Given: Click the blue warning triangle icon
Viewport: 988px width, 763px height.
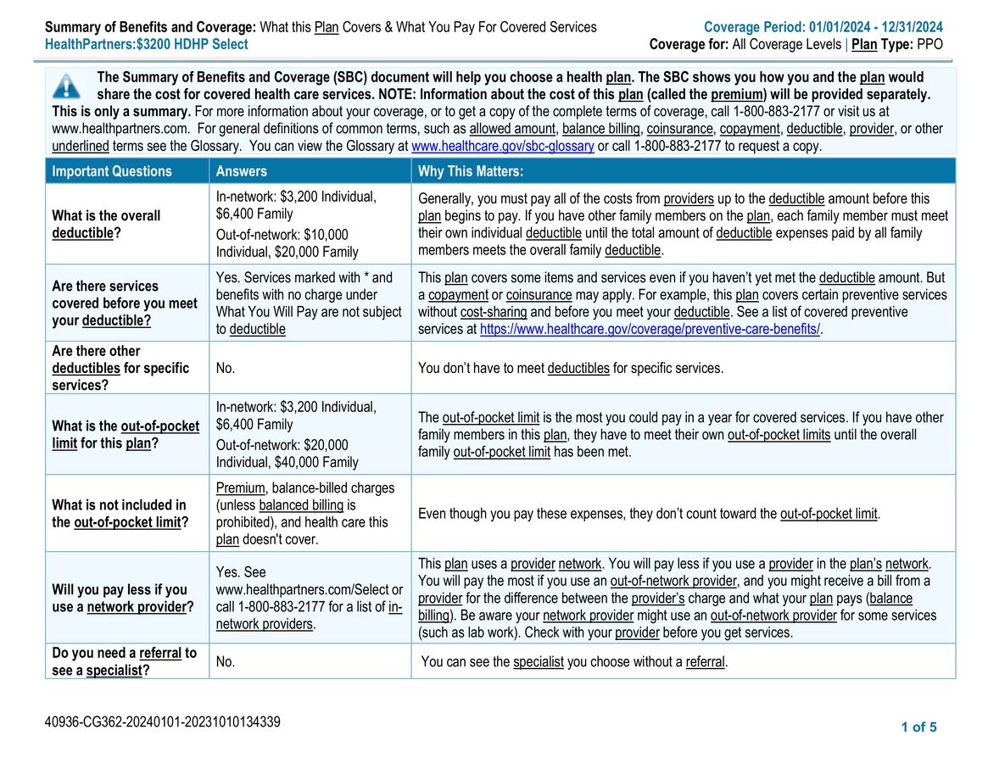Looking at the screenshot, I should click(66, 86).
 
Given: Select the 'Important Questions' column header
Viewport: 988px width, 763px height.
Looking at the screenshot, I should click(112, 171).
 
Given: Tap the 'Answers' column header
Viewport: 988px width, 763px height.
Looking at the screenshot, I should click(242, 171).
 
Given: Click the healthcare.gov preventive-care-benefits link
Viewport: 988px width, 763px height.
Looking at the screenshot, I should click(650, 329).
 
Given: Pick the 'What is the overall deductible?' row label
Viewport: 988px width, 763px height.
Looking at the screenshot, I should click(106, 224).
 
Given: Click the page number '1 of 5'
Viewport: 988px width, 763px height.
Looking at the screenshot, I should click(918, 727).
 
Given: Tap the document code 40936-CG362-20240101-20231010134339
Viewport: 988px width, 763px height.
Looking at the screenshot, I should click(163, 722).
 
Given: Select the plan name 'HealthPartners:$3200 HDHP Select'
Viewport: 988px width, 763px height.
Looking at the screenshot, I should click(147, 44).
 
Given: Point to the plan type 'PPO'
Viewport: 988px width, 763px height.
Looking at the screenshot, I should click(929, 44).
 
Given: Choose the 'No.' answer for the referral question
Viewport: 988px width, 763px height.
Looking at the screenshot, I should click(226, 661).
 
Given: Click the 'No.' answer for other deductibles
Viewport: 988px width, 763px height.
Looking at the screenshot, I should click(226, 368).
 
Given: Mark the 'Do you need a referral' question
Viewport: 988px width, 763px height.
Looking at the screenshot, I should click(124, 661).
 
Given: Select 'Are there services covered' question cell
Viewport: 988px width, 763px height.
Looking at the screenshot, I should click(124, 303).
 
